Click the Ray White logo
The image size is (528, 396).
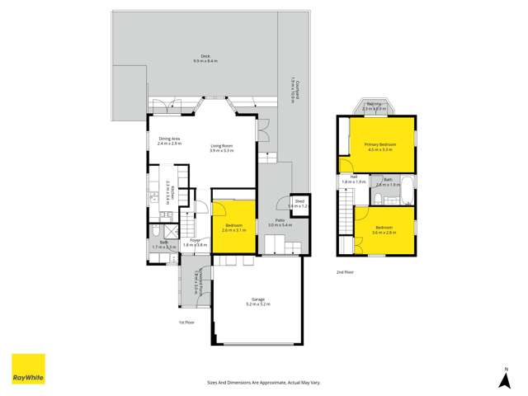(27, 369)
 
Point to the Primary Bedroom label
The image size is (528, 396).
(380, 144)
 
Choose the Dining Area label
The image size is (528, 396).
(169, 139)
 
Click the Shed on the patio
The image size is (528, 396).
(299, 204)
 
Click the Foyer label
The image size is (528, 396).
(195, 240)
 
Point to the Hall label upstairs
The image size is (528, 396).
(353, 177)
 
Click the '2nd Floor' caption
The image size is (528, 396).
(346, 271)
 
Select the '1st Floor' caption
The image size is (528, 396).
(187, 323)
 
